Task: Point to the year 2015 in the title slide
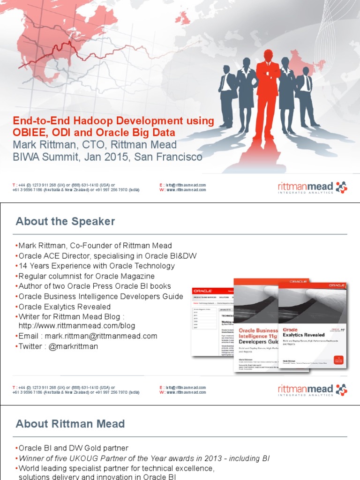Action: point(116,157)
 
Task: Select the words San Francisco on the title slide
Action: point(168,157)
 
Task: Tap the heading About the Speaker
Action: point(65,221)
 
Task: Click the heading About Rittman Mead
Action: point(70,424)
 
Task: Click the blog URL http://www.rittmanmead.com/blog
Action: point(76,326)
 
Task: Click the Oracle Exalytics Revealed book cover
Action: point(313,323)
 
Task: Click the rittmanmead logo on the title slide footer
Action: point(312,188)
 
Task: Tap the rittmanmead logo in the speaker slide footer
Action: point(312,390)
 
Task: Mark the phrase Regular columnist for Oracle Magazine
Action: point(87,276)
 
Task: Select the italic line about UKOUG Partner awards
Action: point(144,458)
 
